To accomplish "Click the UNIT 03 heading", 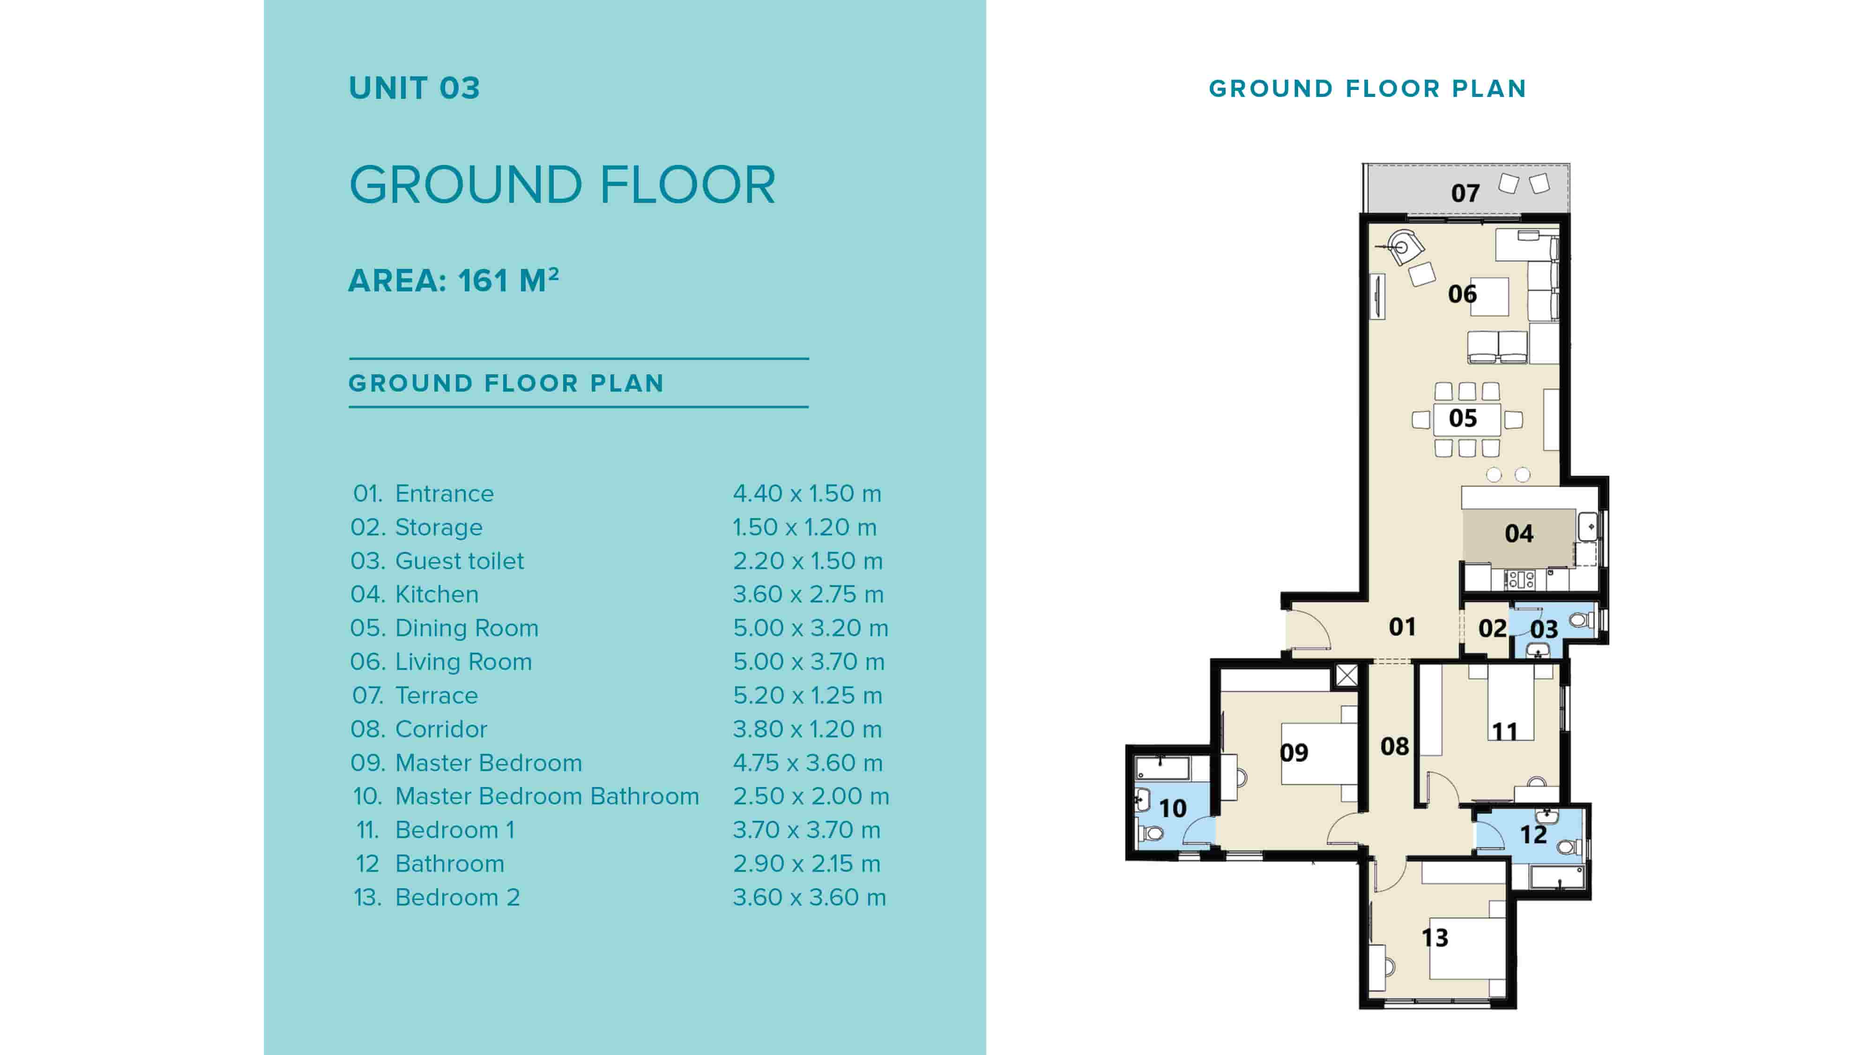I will (x=414, y=88).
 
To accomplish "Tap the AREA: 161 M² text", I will (x=453, y=280).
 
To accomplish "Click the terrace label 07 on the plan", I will (x=1465, y=193).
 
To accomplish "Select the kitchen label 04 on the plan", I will (x=1518, y=533).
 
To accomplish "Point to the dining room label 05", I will (x=1462, y=418).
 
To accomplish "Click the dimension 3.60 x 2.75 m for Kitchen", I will (x=808, y=594).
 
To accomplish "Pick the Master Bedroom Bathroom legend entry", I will (x=546, y=796).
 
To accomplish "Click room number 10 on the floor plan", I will (x=1172, y=808).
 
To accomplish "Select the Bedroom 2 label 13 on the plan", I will (x=1435, y=937).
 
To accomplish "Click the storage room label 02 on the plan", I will (x=1492, y=628).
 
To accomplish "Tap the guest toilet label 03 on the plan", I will (x=1544, y=629).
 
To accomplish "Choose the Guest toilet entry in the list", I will (x=459, y=561).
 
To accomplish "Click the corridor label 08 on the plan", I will (x=1394, y=746).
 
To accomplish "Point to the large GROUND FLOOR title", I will (x=562, y=185).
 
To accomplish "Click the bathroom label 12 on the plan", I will (x=1533, y=834).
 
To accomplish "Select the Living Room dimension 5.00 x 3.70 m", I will (x=808, y=662).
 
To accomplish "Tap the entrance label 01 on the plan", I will (x=1402, y=626).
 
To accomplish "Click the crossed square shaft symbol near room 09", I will (x=1346, y=676).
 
